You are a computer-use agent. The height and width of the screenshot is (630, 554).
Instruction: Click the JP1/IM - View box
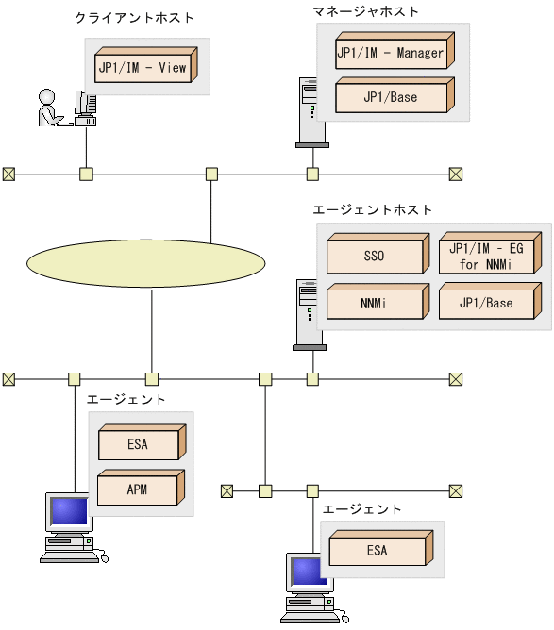click(x=143, y=67)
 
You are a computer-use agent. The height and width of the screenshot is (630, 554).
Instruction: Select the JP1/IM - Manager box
click(x=392, y=54)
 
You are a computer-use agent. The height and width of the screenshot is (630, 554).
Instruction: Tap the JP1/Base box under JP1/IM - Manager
click(x=392, y=97)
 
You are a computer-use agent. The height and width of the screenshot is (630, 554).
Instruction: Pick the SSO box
click(x=373, y=256)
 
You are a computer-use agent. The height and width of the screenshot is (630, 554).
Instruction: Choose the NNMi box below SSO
click(x=373, y=303)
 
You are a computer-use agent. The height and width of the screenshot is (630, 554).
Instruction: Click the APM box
click(x=139, y=490)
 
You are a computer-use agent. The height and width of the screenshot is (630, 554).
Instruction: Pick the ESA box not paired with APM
click(x=378, y=550)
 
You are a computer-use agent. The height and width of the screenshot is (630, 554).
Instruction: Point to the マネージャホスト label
click(x=366, y=11)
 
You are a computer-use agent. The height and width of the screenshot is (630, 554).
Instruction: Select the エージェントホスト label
click(x=372, y=208)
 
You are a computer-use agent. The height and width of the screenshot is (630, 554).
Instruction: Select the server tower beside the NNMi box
click(x=308, y=315)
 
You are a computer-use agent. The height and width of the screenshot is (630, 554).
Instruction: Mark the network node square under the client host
click(x=86, y=174)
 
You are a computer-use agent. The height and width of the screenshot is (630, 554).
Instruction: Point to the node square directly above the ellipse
click(x=211, y=174)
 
